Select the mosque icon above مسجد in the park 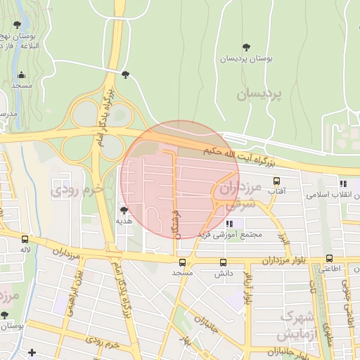22,75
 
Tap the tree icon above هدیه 124,210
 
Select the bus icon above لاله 25,239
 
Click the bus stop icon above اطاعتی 328,259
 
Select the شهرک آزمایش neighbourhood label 295,324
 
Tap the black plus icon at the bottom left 32,352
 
